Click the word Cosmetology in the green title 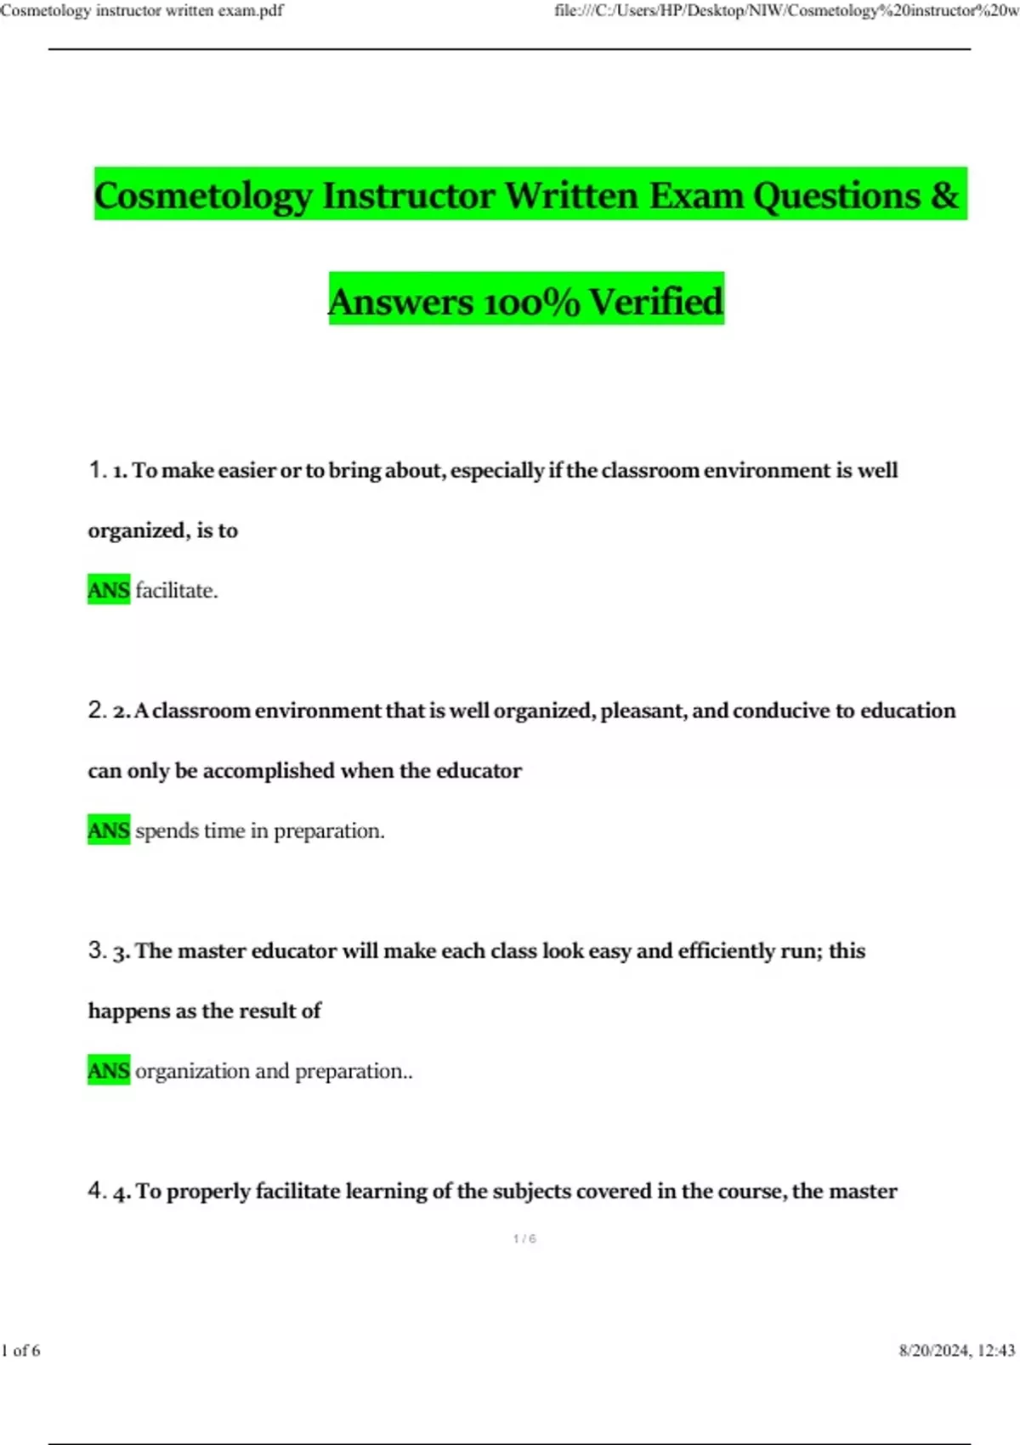pos(202,195)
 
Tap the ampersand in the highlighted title pos(944,195)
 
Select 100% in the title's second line pos(530,302)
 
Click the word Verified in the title pos(655,302)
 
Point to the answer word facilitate pos(176,591)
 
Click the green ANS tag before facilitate pos(109,590)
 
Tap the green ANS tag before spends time pos(109,830)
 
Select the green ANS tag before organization pos(109,1071)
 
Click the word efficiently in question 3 pos(739,951)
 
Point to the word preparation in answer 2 pos(329,831)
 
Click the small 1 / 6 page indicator pos(524,1239)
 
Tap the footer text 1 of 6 pos(20,1351)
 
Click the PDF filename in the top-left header pos(142,10)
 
